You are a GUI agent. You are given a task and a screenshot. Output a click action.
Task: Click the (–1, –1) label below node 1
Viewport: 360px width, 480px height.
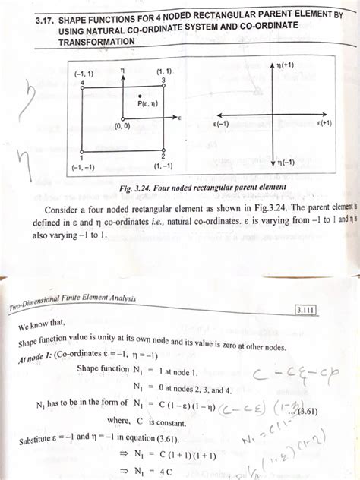click(x=80, y=165)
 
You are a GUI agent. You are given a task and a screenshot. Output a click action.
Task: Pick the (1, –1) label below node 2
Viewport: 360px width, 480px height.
click(x=162, y=165)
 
